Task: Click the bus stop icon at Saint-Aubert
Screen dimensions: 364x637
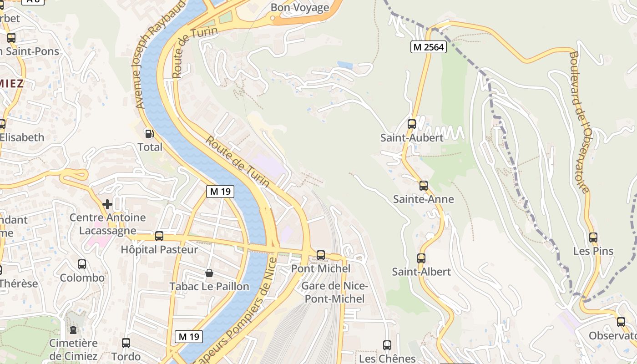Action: (x=412, y=124)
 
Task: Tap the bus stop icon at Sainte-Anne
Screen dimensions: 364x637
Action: (x=424, y=186)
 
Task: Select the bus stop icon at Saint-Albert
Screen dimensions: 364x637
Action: (x=421, y=258)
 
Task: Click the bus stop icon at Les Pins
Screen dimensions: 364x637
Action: (x=593, y=238)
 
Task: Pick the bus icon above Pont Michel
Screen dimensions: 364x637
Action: (x=321, y=255)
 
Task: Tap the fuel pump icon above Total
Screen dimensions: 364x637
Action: (x=149, y=134)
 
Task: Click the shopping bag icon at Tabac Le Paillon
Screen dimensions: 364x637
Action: (x=209, y=273)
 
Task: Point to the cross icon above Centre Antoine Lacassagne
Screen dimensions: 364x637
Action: (x=107, y=204)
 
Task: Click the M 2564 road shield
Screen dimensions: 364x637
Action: (x=428, y=47)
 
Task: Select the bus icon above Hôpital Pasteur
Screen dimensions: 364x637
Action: (x=159, y=236)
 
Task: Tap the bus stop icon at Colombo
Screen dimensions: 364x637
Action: (x=82, y=264)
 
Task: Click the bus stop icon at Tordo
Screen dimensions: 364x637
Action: (x=126, y=343)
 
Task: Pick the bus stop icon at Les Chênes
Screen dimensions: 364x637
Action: (x=387, y=345)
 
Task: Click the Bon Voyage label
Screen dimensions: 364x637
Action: (x=300, y=8)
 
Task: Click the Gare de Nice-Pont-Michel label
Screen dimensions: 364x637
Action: (x=334, y=292)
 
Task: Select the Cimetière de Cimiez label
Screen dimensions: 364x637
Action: (x=73, y=349)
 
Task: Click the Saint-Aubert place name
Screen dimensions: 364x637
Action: (x=412, y=138)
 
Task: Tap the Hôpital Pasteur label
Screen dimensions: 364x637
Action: (x=159, y=250)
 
